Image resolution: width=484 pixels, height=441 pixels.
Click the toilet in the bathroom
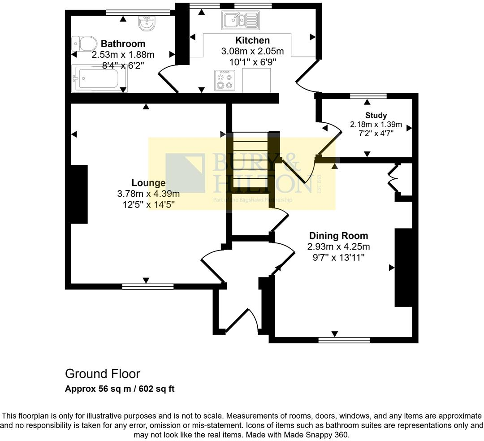84,43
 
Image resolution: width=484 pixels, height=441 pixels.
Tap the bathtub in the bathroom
99,78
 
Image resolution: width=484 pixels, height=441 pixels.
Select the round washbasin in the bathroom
146,23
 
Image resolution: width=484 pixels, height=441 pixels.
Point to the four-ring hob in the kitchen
225,81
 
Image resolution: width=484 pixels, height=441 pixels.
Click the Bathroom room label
123,44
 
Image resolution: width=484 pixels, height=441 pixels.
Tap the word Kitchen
252,40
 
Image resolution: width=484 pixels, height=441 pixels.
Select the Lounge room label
148,183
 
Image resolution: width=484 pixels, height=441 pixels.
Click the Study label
376,116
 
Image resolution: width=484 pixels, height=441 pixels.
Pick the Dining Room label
339,236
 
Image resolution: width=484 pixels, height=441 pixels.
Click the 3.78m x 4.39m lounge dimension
148,194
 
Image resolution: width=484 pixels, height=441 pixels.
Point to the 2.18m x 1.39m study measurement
376,125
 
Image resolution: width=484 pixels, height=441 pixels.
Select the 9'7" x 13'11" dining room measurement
339,257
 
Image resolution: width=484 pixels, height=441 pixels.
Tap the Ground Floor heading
103,374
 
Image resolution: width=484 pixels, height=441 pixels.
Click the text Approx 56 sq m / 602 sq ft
120,389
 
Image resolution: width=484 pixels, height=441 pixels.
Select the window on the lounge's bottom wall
148,287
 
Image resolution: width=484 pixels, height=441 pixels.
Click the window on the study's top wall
368,96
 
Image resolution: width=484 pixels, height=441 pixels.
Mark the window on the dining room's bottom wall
344,340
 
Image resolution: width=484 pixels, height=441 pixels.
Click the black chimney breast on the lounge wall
79,194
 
